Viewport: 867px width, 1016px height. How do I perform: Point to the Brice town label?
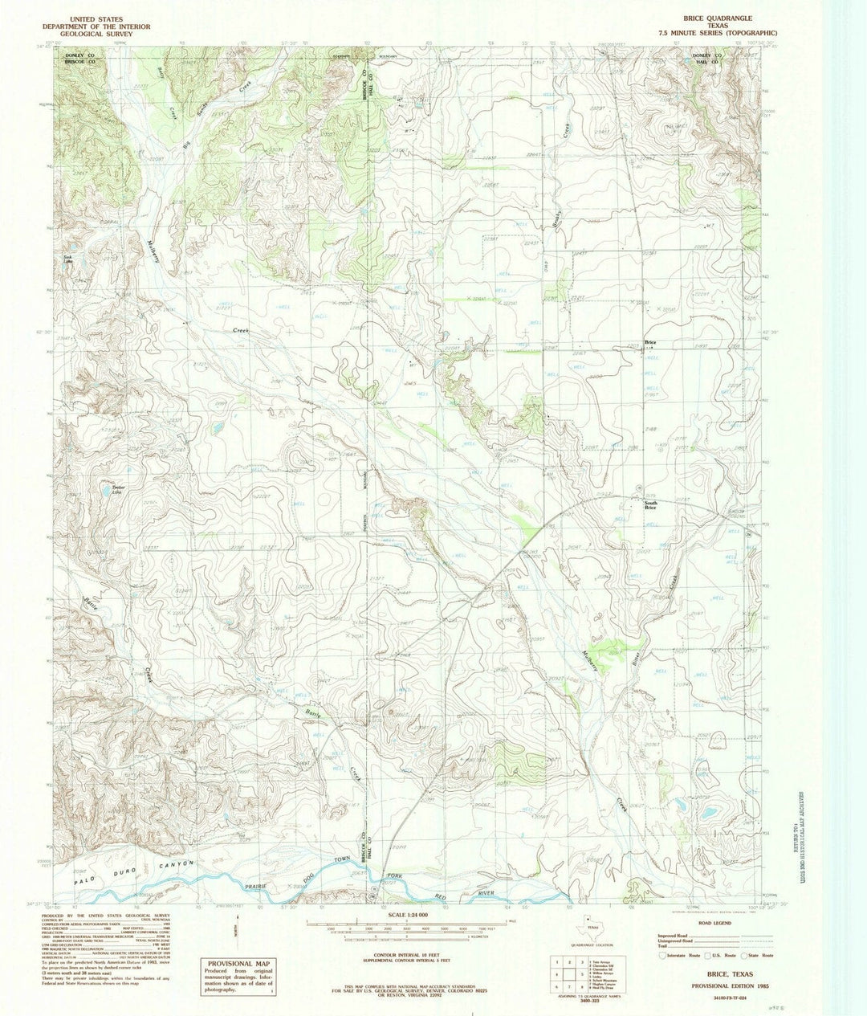point(650,343)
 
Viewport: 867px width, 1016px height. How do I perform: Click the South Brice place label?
point(650,505)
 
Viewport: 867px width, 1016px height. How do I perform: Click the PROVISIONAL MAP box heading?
point(234,964)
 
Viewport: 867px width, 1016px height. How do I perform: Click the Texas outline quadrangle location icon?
point(592,925)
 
